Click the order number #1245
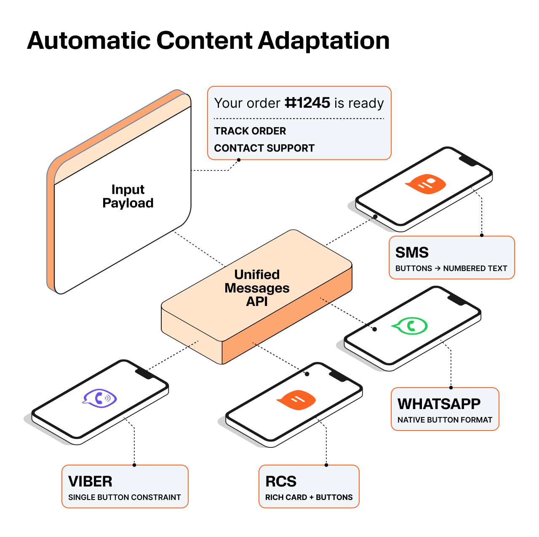[x=307, y=103]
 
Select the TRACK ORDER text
[x=250, y=131]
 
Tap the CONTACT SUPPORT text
[x=264, y=148]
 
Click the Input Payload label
[x=128, y=196]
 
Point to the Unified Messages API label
[x=257, y=288]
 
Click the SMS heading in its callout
[x=411, y=253]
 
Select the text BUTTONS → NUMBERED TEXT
[x=451, y=268]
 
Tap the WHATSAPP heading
[x=439, y=404]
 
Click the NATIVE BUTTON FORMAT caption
[x=445, y=420]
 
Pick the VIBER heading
[x=90, y=481]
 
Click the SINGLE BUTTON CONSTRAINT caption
[x=124, y=497]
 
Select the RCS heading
[x=280, y=481]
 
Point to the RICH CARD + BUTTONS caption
[x=309, y=497]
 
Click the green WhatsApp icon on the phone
[x=410, y=326]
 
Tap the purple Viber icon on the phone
[x=100, y=398]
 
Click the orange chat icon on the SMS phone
[x=426, y=184]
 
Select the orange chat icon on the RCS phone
[x=296, y=400]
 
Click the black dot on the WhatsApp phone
[x=375, y=329]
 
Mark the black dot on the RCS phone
[x=307, y=374]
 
